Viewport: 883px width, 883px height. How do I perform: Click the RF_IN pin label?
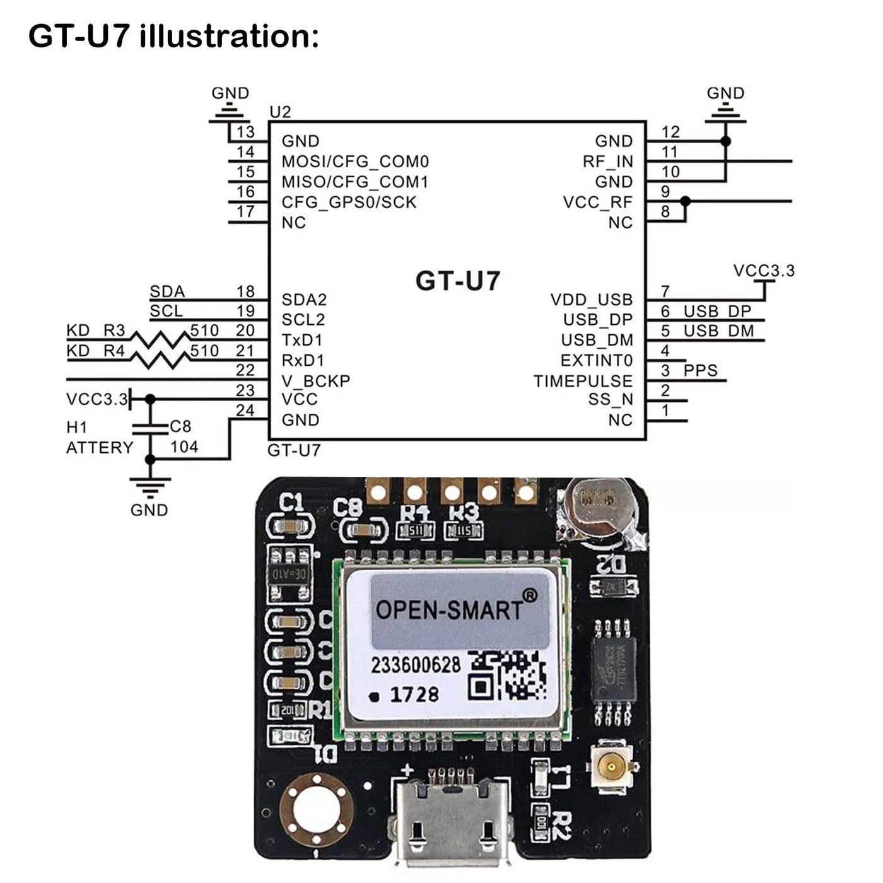pyautogui.click(x=607, y=161)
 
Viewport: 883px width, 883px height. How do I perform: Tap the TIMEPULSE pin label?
pyautogui.click(x=583, y=381)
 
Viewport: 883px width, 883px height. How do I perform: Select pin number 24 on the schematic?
pyautogui.click(x=245, y=411)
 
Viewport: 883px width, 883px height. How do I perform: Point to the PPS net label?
pyautogui.click(x=701, y=370)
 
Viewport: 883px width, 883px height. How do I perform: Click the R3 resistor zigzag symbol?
pyautogui.click(x=160, y=340)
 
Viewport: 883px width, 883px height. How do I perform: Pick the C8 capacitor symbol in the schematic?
pyautogui.click(x=150, y=429)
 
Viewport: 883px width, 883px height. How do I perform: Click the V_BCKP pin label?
pyautogui.click(x=315, y=381)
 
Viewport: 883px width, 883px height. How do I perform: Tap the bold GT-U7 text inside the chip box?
pyautogui.click(x=457, y=281)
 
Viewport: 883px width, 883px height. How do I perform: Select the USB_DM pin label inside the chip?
pyautogui.click(x=597, y=341)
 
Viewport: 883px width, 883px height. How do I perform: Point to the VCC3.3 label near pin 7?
pyautogui.click(x=764, y=271)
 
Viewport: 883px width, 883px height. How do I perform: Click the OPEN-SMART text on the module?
pyautogui.click(x=449, y=609)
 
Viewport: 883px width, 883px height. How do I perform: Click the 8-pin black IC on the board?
pyautogui.click(x=613, y=672)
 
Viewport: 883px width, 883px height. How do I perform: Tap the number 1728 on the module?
pyautogui.click(x=414, y=694)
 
